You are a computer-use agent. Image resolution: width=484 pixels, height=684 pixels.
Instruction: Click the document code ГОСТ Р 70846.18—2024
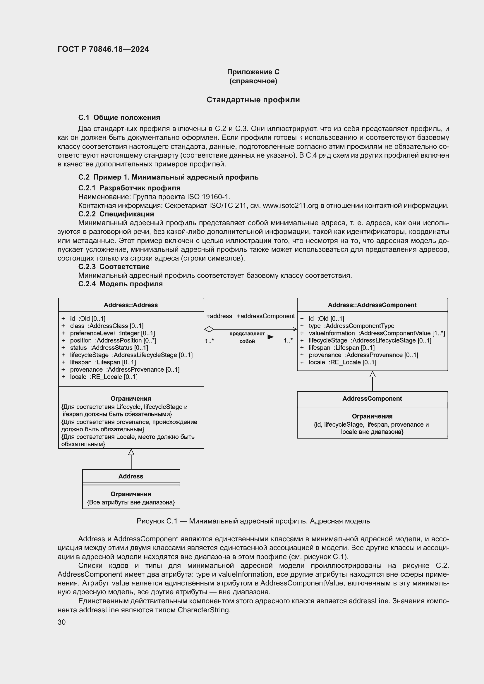tap(103, 49)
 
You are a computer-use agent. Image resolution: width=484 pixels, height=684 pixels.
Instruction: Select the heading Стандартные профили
tap(253, 100)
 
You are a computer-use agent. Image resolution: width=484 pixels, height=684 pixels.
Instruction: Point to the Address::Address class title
tap(131, 305)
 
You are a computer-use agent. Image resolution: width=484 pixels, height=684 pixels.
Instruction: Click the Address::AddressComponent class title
tap(372, 305)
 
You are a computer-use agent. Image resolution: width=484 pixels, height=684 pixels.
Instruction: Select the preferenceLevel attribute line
tap(112, 333)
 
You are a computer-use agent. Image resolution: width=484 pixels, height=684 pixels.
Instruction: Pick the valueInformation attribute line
tap(376, 333)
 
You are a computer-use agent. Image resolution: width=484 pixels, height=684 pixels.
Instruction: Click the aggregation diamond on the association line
tap(209, 329)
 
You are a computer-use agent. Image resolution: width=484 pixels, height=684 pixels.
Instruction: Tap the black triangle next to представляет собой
tap(270, 337)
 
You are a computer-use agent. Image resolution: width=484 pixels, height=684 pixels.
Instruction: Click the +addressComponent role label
tap(265, 316)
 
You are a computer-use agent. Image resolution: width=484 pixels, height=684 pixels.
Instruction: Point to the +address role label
tap(219, 316)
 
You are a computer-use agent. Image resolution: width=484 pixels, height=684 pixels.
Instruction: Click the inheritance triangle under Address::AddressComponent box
tap(373, 374)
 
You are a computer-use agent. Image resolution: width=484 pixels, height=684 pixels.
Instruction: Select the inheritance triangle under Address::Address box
tap(131, 452)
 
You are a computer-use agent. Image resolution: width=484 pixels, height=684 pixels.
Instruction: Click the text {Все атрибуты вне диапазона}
tap(131, 502)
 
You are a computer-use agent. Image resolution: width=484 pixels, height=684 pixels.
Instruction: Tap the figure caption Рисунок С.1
tap(253, 521)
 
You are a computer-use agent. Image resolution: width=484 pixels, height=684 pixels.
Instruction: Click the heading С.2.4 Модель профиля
tap(120, 284)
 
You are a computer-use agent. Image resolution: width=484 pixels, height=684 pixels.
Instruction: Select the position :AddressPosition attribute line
tap(113, 340)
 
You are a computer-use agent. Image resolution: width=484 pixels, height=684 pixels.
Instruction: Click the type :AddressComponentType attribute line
tap(351, 326)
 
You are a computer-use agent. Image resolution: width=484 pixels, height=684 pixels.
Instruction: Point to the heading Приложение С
tap(253, 72)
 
